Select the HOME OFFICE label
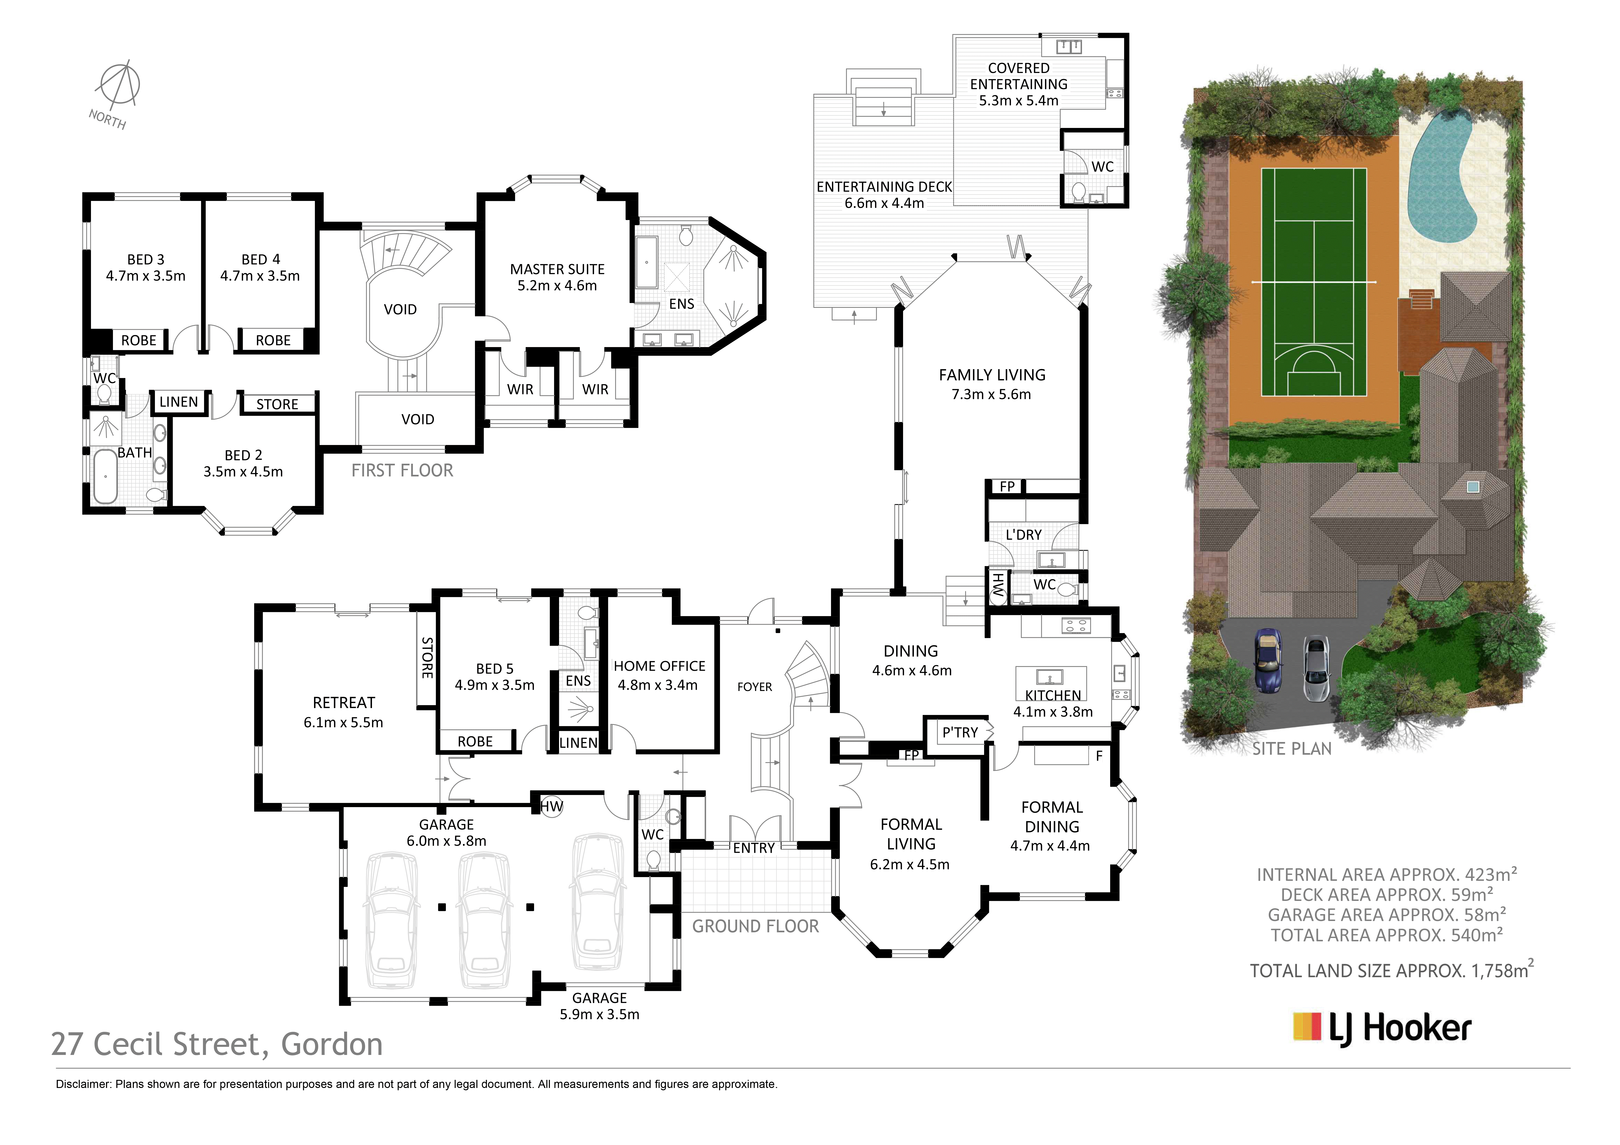pyautogui.click(x=659, y=666)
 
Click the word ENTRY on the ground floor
pyautogui.click(x=754, y=848)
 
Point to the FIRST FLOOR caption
pyautogui.click(x=402, y=471)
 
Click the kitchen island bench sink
pyautogui.click(x=1050, y=677)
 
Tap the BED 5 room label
pyautogui.click(x=495, y=668)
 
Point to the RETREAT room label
pyautogui.click(x=344, y=703)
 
